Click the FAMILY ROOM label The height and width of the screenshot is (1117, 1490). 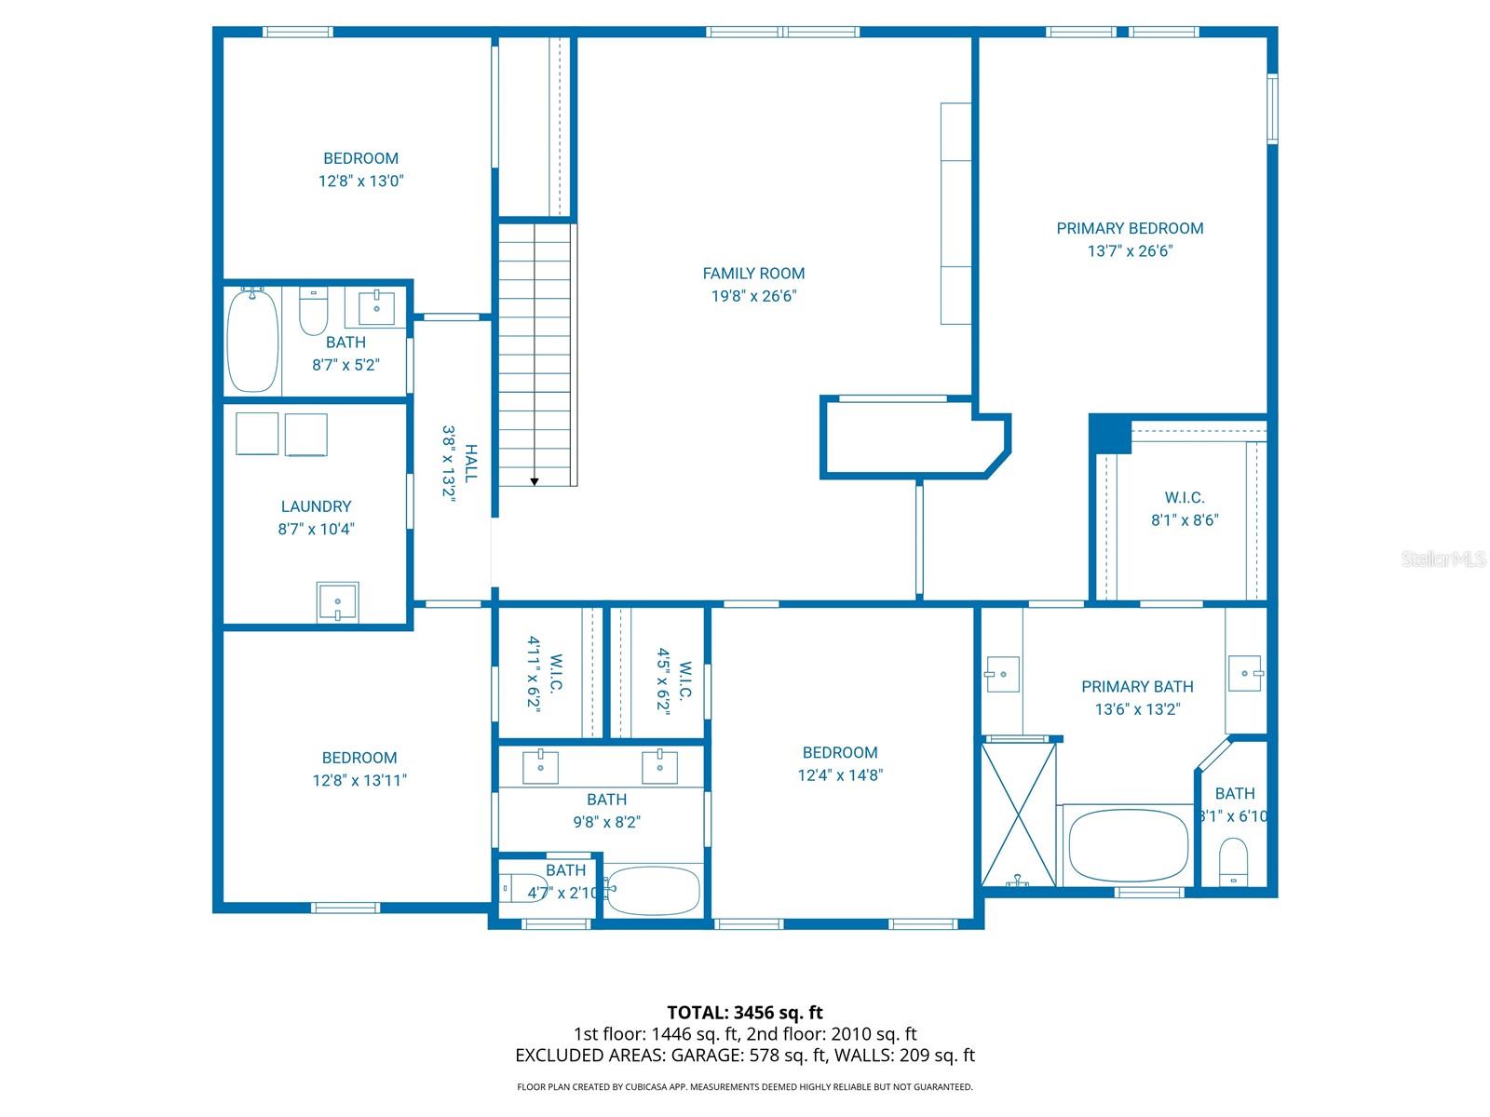click(x=753, y=274)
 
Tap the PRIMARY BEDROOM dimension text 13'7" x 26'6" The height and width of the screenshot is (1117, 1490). click(x=1130, y=251)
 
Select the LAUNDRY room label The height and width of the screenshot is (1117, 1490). click(x=316, y=506)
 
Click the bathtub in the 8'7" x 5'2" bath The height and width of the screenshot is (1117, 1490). click(x=253, y=341)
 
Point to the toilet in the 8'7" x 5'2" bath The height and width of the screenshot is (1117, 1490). click(x=313, y=312)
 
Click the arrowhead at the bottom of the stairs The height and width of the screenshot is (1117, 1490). click(x=535, y=481)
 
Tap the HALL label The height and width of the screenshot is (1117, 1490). click(x=471, y=463)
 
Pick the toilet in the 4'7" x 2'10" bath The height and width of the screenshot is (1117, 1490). click(x=523, y=889)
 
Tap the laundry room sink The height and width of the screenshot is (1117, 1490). click(x=337, y=601)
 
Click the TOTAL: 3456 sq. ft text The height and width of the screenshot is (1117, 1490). click(x=745, y=1013)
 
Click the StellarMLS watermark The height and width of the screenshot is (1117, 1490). click(x=1443, y=559)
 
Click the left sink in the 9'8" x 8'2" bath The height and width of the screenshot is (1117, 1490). click(x=541, y=767)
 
